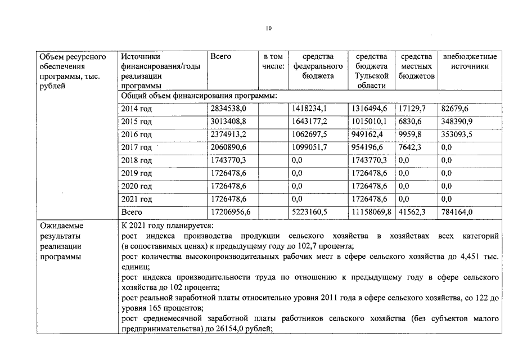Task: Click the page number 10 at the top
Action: [x=268, y=28]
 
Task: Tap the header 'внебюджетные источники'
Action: [x=470, y=61]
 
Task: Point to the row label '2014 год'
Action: [x=136, y=109]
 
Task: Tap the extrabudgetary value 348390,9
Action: [x=457, y=121]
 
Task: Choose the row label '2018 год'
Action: [x=136, y=160]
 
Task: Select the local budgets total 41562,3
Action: [x=412, y=212]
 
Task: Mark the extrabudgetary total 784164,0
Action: [x=457, y=212]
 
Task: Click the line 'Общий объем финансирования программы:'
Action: [x=199, y=96]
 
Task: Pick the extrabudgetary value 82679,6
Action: [x=455, y=109]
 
